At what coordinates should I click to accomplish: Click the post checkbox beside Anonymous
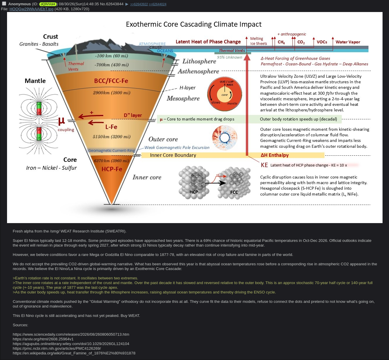[x=4, y=4]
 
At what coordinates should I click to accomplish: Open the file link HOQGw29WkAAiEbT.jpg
[x=31, y=9]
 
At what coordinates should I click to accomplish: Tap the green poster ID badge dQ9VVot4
[x=48, y=4]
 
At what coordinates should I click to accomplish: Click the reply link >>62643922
[x=139, y=4]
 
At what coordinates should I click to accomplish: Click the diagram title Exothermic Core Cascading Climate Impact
[x=194, y=24]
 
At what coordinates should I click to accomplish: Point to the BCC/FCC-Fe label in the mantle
[x=111, y=81]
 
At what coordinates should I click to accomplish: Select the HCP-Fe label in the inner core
[x=112, y=169]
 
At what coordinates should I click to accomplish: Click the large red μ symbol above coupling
[x=62, y=121]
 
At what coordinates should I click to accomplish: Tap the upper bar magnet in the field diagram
[x=39, y=108]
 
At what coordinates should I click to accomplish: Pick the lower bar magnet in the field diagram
[x=39, y=134]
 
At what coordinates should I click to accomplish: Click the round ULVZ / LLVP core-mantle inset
[x=224, y=94]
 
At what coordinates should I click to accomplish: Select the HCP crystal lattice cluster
[x=194, y=182]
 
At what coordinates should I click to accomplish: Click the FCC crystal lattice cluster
[x=234, y=183]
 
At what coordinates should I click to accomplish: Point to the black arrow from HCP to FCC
[x=216, y=183]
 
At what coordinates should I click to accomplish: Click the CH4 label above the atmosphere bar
[x=281, y=42]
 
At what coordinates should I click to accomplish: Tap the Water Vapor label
[x=348, y=42]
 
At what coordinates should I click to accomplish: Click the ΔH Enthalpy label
[x=275, y=155]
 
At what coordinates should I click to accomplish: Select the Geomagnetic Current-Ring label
[x=111, y=151]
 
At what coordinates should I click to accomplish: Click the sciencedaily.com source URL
[x=71, y=334]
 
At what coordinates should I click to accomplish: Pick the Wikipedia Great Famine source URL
[x=74, y=353]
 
